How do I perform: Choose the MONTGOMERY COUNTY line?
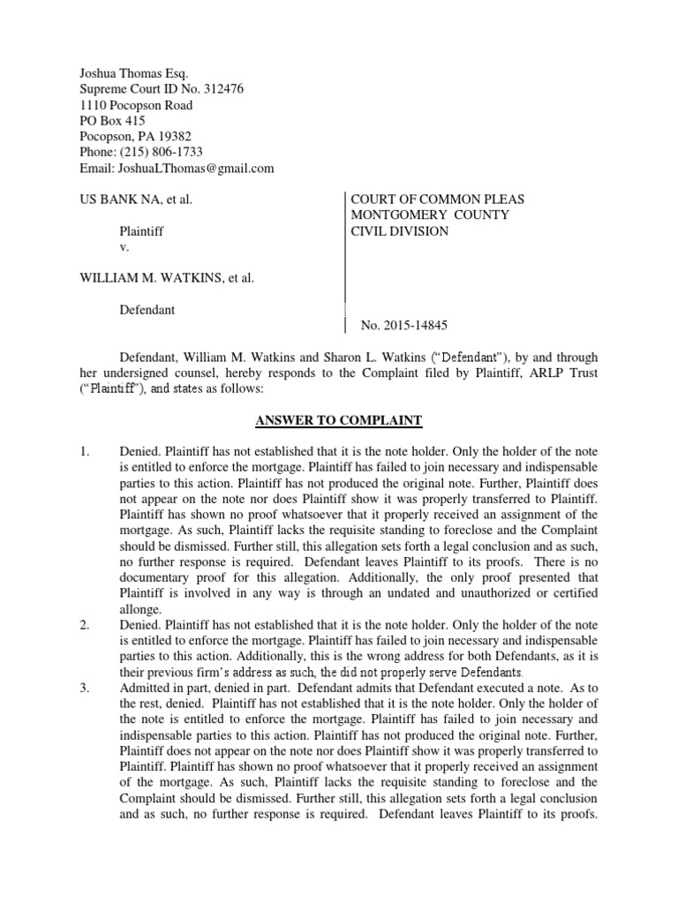[x=430, y=215]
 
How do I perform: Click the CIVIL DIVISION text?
[x=400, y=231]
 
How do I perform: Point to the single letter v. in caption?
[x=124, y=247]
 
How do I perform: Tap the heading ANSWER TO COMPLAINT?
[x=339, y=420]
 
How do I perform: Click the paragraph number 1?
[x=84, y=452]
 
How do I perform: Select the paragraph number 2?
[x=84, y=625]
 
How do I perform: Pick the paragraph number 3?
[x=84, y=689]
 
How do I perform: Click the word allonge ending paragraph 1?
[x=139, y=609]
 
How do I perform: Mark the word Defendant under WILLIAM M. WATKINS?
[x=147, y=310]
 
